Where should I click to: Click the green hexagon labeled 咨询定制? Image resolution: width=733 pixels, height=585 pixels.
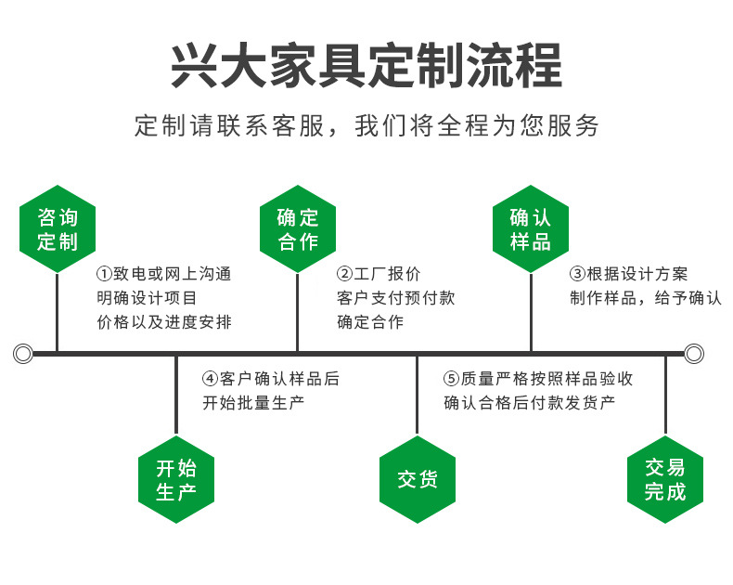click(x=58, y=229)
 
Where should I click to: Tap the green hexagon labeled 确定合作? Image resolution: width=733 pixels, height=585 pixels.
click(x=298, y=229)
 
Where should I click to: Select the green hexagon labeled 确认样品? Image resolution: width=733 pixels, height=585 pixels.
click(x=531, y=229)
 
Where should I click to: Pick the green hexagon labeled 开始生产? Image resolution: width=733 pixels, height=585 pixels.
click(x=176, y=480)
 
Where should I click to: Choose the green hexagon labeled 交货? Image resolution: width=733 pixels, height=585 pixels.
click(x=418, y=480)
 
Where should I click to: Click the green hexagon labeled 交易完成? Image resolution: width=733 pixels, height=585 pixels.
click(x=665, y=480)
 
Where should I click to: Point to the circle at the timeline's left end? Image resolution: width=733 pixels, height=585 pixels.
click(x=23, y=353)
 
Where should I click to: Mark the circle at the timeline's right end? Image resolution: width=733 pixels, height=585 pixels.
click(x=694, y=353)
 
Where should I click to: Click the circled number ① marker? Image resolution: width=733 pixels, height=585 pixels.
click(x=104, y=274)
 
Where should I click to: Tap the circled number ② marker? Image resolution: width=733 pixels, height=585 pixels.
click(x=344, y=274)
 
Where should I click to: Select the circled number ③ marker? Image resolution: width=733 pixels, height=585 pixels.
click(x=577, y=274)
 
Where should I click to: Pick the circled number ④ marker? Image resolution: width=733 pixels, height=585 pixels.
click(x=211, y=379)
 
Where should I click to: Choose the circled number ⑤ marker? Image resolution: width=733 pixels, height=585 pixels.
click(x=452, y=379)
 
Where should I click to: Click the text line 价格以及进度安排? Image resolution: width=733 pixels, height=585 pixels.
click(x=164, y=322)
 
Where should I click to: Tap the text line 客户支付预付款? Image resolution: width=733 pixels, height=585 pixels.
click(x=396, y=298)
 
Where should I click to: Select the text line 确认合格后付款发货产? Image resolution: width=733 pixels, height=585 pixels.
click(x=530, y=403)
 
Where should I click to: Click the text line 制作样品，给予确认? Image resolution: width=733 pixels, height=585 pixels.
click(x=645, y=298)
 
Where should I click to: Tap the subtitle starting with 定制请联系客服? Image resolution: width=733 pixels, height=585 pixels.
click(x=366, y=125)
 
